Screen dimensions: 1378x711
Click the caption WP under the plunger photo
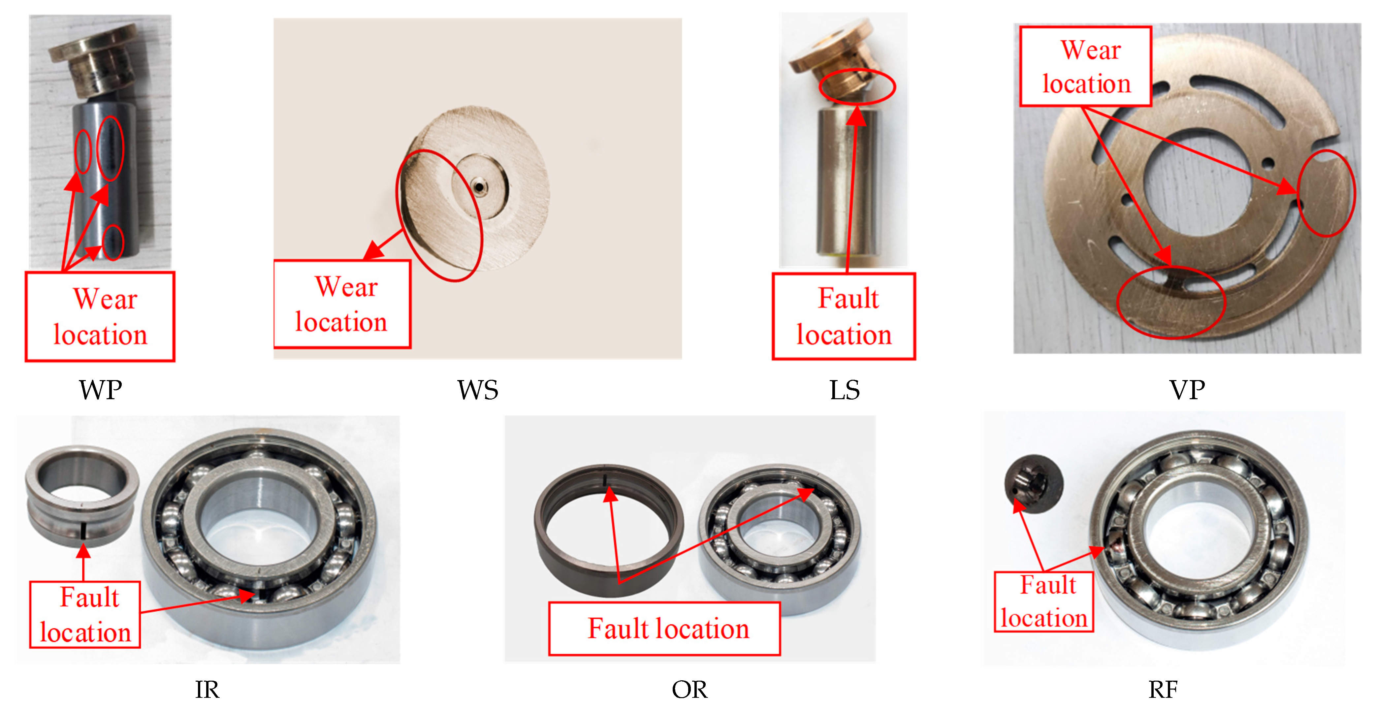coord(101,390)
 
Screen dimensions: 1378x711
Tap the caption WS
coord(478,390)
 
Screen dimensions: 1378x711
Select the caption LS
coord(845,390)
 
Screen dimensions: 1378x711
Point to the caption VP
coord(1187,390)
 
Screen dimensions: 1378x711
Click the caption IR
coord(207,690)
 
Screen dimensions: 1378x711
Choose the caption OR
coord(689,690)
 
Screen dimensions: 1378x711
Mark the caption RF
coord(1163,690)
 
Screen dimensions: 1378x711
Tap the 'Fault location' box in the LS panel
coord(844,316)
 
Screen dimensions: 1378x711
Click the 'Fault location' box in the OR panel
coord(664,629)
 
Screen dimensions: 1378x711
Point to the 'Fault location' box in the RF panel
coord(1044,602)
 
